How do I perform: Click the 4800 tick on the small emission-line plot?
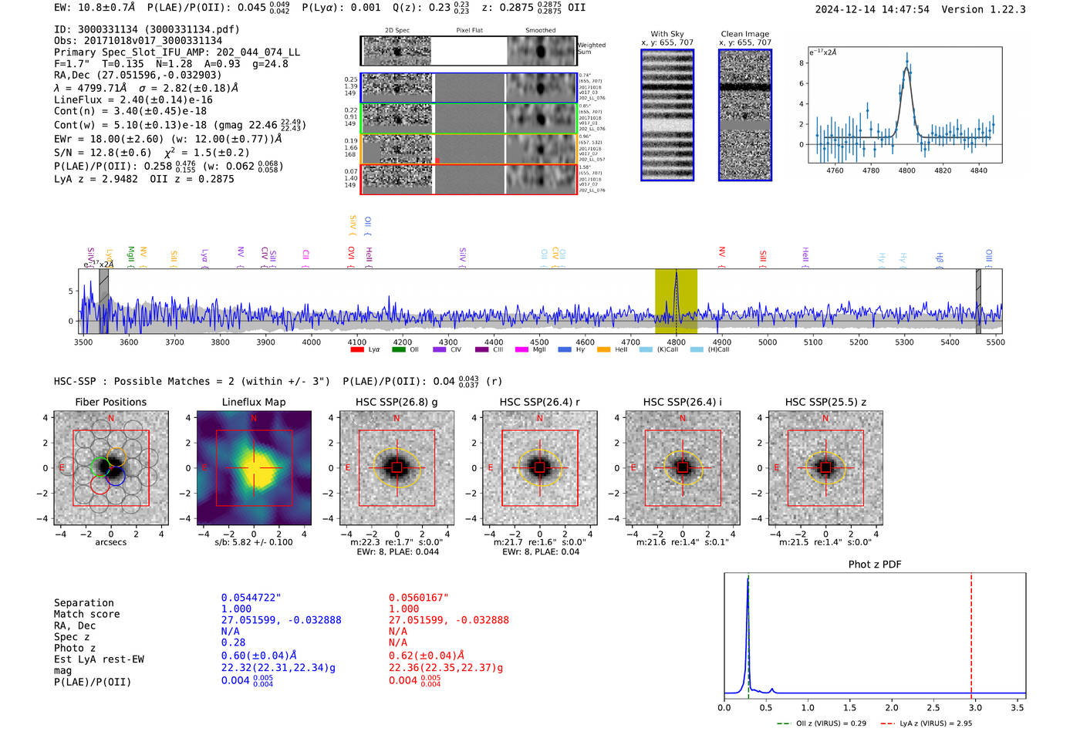tap(906, 170)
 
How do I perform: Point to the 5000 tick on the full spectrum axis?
tap(768, 342)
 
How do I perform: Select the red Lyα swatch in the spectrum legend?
tap(357, 349)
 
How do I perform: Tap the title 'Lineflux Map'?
tap(254, 402)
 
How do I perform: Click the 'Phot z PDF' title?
tap(875, 564)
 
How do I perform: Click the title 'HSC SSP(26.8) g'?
tap(397, 402)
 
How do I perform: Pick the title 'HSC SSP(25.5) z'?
tap(825, 402)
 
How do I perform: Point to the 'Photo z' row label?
tap(75, 648)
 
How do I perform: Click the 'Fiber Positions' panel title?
tap(111, 402)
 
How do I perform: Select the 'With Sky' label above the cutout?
tap(667, 34)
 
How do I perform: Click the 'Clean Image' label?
tap(745, 34)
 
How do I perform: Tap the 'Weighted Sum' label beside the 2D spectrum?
tap(592, 49)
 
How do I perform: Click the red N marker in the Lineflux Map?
tap(254, 418)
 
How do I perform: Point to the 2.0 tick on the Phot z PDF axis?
tap(892, 707)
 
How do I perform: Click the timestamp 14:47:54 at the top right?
tap(903, 9)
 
